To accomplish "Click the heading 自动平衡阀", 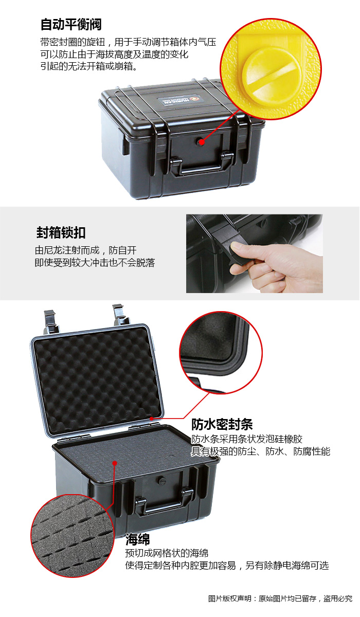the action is tap(71, 24).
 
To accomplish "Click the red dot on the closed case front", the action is tap(202, 142).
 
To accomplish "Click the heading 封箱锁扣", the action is tap(61, 232).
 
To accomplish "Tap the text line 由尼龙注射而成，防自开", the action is tap(86, 250).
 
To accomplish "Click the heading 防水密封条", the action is tap(222, 424).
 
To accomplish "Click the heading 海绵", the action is tap(137, 539).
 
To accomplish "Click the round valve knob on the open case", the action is tap(161, 480).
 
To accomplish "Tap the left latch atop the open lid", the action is tap(50, 321).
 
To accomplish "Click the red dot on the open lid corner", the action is tap(151, 419).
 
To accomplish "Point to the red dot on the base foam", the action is tap(115, 463).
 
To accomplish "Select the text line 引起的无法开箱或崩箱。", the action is tap(88, 66).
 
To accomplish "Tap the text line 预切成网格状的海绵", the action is tap(167, 553).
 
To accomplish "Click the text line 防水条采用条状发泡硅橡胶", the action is tap(247, 439).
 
